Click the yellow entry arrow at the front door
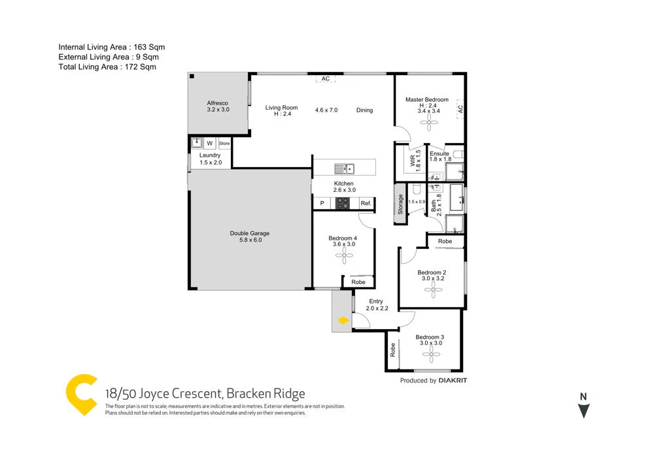coord(342,320)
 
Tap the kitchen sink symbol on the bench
coord(344,168)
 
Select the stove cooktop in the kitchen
coord(343,204)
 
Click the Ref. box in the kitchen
coord(366,204)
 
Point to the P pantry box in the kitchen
coord(322,204)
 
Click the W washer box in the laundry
coord(210,143)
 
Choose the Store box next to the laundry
coord(224,143)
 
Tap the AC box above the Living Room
coord(325,79)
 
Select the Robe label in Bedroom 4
coord(358,282)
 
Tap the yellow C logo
coord(82,394)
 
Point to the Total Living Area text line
coord(107,67)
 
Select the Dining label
coord(364,110)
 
